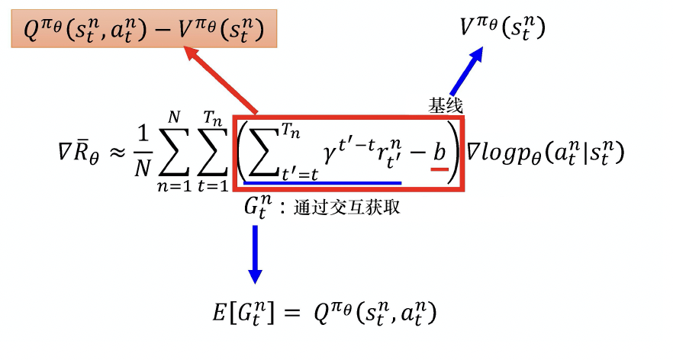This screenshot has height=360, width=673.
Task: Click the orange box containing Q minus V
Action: point(143,31)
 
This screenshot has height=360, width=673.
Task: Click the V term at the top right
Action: point(502,28)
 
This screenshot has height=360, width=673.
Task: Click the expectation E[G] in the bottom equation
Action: point(243,313)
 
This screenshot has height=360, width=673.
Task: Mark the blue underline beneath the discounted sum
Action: point(320,182)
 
